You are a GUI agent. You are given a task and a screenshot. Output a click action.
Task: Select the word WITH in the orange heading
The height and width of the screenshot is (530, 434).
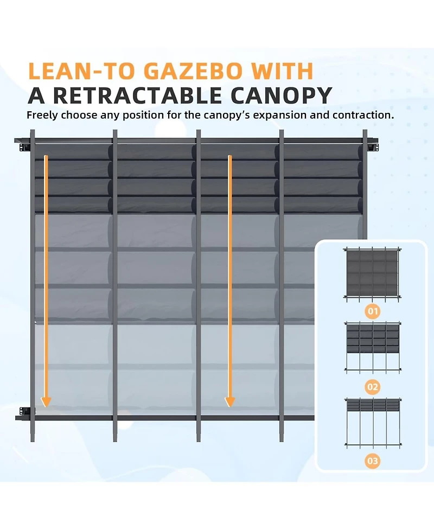(282, 71)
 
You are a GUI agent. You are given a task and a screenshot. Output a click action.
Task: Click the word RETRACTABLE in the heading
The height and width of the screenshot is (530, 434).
(137, 95)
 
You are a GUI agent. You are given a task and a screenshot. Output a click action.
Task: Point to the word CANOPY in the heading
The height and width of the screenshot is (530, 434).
(281, 95)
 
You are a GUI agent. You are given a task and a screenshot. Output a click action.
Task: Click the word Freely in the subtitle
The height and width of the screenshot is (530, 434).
(42, 115)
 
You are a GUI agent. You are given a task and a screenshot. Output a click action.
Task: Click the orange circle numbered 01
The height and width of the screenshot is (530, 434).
(373, 311)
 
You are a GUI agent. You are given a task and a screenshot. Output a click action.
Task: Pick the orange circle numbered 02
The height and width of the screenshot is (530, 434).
(373, 387)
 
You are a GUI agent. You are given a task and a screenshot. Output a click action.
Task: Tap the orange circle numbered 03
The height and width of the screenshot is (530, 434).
(373, 461)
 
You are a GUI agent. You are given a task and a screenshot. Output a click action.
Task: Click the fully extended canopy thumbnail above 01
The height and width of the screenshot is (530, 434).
(373, 273)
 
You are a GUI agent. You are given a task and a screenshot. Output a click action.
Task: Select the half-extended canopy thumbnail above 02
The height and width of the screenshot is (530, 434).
(373, 348)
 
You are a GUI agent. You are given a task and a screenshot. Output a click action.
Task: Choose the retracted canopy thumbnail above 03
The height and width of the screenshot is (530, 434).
(373, 423)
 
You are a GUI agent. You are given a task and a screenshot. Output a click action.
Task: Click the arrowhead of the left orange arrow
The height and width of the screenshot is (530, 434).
(46, 401)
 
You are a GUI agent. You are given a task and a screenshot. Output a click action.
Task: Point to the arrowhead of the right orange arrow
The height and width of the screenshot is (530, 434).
(230, 401)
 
